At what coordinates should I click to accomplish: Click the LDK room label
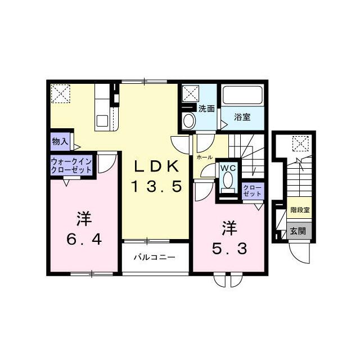(157, 167)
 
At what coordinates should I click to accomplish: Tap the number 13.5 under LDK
(157, 186)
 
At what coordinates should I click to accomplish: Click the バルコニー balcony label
(154, 258)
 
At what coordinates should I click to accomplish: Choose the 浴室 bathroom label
(242, 118)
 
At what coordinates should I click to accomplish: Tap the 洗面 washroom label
(206, 109)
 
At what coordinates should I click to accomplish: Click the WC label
(227, 168)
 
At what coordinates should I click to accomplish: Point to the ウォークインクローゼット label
(71, 165)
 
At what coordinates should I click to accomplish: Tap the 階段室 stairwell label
(299, 210)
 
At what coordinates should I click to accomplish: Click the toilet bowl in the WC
(227, 180)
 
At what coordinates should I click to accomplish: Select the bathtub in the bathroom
(243, 95)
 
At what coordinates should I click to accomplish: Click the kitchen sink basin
(102, 120)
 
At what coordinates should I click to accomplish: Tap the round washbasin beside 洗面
(188, 120)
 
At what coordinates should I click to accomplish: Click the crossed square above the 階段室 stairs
(300, 144)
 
